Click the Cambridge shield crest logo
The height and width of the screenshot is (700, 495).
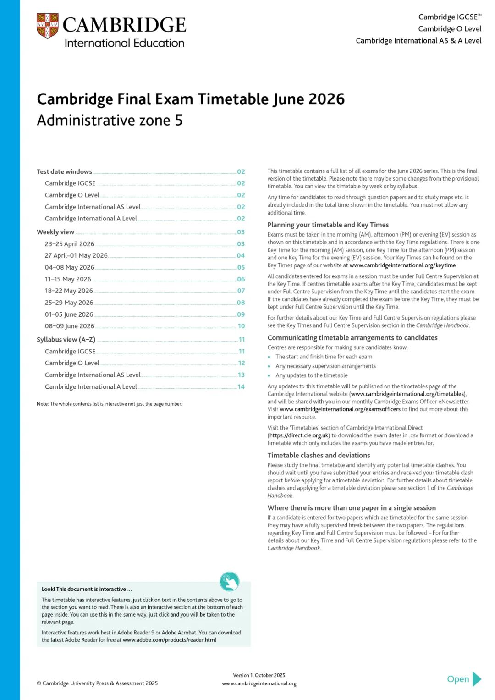click(47, 26)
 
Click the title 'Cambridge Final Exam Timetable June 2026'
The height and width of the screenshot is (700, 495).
click(191, 99)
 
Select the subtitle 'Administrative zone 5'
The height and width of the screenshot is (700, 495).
click(110, 121)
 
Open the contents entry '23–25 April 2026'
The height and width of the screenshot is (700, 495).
click(70, 244)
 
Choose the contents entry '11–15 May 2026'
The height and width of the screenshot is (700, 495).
click(68, 279)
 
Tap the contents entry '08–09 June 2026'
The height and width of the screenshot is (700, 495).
click(70, 326)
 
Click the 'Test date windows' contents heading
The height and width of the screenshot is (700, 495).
click(64, 171)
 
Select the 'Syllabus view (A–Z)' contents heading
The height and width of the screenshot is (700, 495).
click(66, 340)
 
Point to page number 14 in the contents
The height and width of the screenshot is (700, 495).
click(241, 387)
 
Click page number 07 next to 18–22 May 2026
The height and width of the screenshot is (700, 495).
click(241, 291)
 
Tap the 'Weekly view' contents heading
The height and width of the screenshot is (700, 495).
click(55, 232)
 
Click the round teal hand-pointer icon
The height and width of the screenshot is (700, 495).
click(229, 582)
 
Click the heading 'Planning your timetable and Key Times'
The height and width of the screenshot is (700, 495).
click(328, 225)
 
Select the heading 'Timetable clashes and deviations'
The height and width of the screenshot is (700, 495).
click(319, 455)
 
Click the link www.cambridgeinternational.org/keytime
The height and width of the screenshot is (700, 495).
click(402, 265)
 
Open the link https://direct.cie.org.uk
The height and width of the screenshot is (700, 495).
click(299, 435)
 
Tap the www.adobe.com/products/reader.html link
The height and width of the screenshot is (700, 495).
click(170, 640)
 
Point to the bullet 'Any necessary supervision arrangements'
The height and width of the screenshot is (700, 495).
click(325, 366)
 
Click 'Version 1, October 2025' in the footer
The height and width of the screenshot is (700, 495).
click(259, 675)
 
